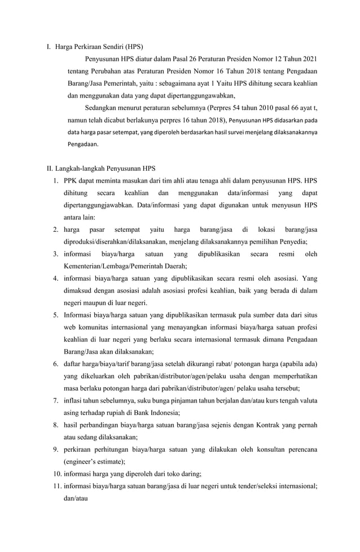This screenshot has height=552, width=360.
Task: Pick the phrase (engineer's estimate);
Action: coord(94,461)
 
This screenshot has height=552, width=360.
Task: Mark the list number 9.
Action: coord(56,449)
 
